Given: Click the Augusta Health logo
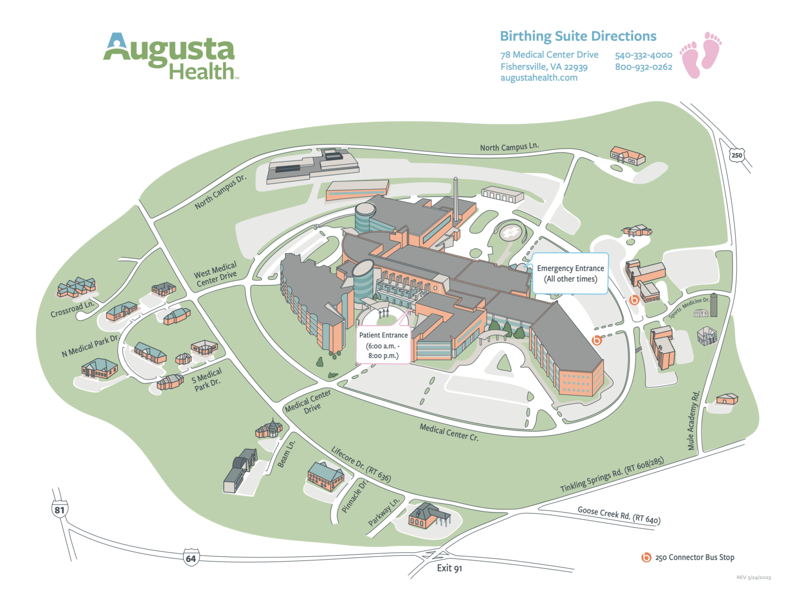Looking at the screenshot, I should [170, 57].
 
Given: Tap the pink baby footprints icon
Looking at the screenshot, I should [701, 55].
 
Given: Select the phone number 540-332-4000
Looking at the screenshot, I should [643, 55].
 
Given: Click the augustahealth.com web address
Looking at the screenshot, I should [538, 78].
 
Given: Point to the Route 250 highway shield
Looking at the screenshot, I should [737, 155].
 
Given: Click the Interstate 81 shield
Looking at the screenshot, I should [60, 509].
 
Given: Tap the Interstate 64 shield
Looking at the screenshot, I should [191, 558].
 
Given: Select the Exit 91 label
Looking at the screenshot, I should [449, 568].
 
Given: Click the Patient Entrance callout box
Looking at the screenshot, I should [383, 345].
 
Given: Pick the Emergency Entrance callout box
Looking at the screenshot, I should [570, 273].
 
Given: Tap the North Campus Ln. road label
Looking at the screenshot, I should [509, 147].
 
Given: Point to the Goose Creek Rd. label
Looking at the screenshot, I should [618, 515].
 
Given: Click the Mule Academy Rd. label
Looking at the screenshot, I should [693, 420].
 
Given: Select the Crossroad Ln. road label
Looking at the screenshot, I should [73, 309].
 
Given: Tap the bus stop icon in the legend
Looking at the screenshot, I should [646, 557].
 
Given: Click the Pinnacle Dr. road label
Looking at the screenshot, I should [355, 497].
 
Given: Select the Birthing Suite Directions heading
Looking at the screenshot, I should [578, 36].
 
